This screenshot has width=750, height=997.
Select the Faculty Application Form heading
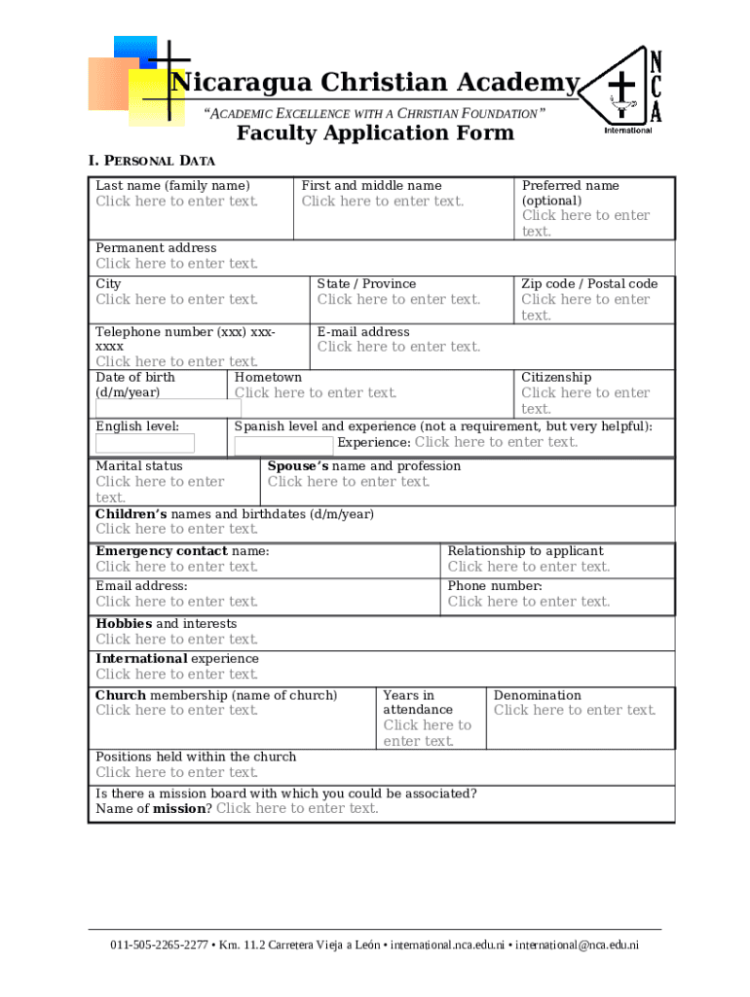375,133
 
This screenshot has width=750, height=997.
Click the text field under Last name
177,202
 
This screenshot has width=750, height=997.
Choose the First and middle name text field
383,202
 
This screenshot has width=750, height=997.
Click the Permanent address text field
177,264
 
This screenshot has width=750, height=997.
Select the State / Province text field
398,300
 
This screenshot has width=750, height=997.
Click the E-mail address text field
398,347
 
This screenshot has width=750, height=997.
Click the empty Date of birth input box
168,408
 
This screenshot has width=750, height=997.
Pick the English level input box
144,444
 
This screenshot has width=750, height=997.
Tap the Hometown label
268,378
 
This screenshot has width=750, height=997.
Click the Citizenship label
555,378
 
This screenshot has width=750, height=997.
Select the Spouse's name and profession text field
349,482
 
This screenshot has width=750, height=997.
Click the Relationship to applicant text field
528,567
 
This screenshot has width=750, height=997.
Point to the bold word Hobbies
124,624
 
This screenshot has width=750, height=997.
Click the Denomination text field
575,711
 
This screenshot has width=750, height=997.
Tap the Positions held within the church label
196,757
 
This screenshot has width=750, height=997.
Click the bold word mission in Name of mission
182,809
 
